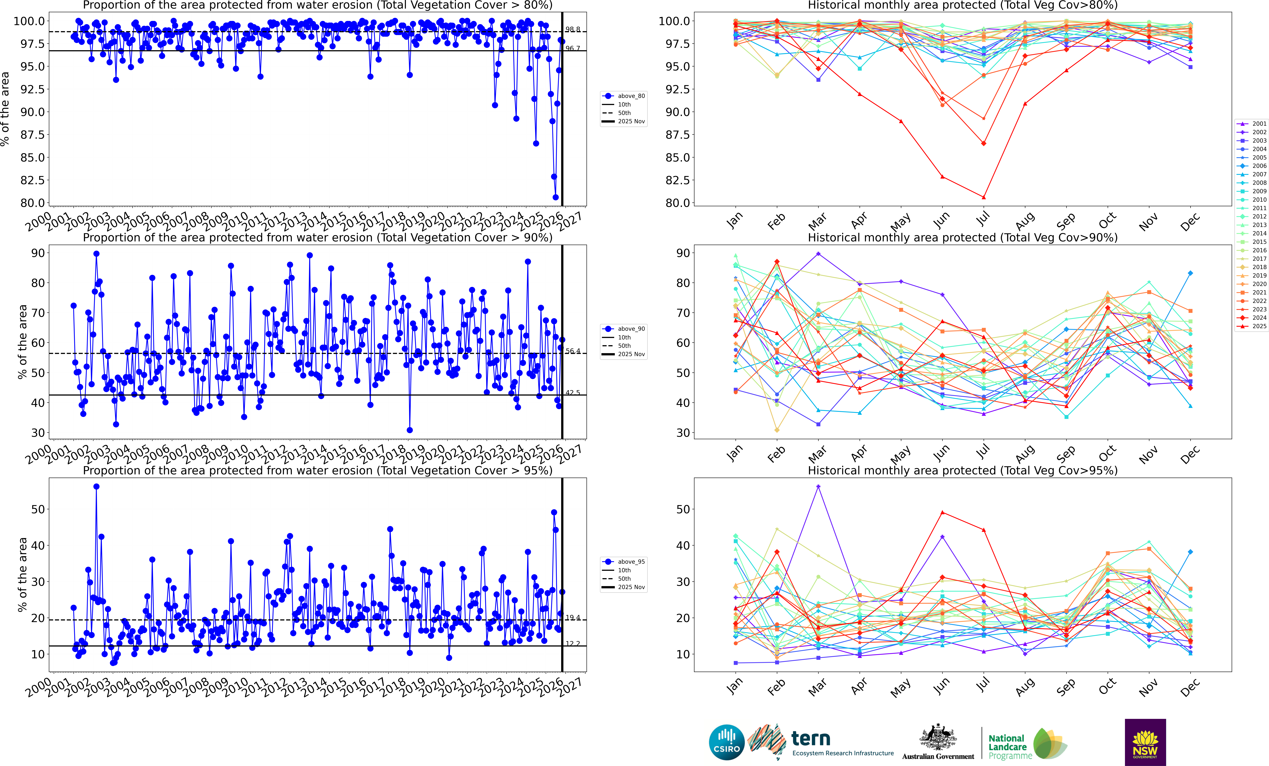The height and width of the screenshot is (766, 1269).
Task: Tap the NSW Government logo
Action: (x=1145, y=742)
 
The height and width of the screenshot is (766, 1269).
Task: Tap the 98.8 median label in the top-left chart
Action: (x=572, y=29)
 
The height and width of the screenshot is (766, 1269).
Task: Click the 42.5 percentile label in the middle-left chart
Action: (x=572, y=392)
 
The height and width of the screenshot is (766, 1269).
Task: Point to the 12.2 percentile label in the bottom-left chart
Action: (x=572, y=643)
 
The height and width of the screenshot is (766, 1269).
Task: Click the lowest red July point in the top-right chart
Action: (x=984, y=197)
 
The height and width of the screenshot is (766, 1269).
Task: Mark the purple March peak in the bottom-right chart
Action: (x=818, y=486)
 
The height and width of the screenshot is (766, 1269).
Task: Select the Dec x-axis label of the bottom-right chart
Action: (x=1190, y=687)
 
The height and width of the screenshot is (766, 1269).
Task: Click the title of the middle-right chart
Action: (x=963, y=238)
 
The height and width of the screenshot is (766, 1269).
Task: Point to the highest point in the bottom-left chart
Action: (x=96, y=486)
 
